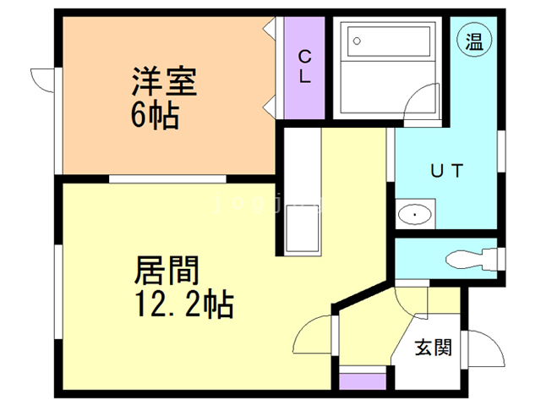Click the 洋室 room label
click(163, 83)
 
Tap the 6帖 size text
click(154, 116)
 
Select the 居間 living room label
click(167, 271)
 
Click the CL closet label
click(304, 66)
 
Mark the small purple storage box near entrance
click(362, 380)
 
